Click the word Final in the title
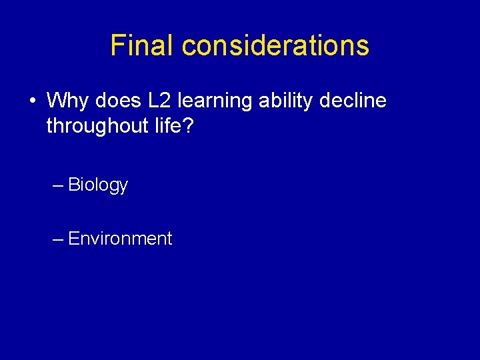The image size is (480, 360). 143,45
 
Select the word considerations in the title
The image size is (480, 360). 275,45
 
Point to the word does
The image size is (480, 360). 116,101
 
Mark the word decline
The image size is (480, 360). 354,101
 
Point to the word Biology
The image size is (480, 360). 98,185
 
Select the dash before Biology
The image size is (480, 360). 58,185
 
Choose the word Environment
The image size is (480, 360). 120,239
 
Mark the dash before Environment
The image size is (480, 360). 58,239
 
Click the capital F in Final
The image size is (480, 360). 117,45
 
